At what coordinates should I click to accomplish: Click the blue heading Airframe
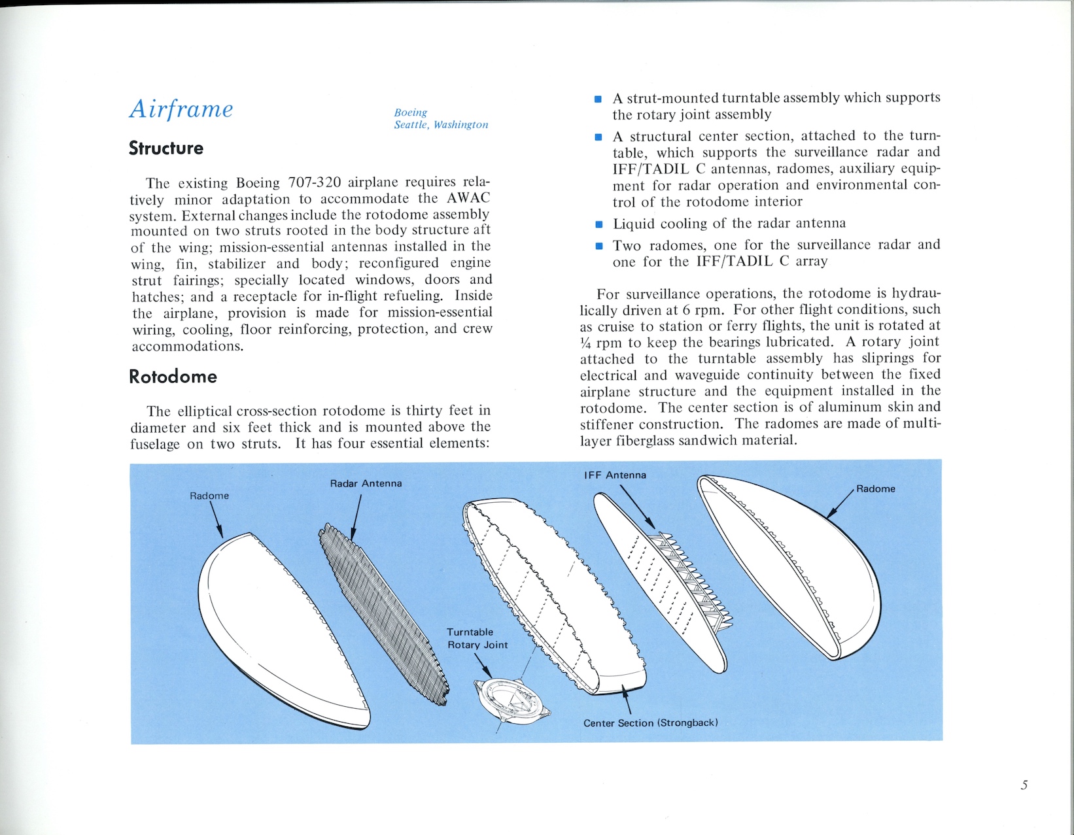181,109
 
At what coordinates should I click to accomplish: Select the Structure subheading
166,148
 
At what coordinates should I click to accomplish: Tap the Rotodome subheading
173,377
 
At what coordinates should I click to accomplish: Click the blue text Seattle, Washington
441,125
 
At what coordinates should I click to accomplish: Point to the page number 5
1024,785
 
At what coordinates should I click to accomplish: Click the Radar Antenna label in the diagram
366,484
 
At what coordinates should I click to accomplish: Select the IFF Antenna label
615,475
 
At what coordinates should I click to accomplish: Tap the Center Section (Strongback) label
650,723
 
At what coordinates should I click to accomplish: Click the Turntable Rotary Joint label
477,639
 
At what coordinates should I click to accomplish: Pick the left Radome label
209,496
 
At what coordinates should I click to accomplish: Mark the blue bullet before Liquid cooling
598,225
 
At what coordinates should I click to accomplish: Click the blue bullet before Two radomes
598,247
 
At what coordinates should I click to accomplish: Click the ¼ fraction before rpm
585,343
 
